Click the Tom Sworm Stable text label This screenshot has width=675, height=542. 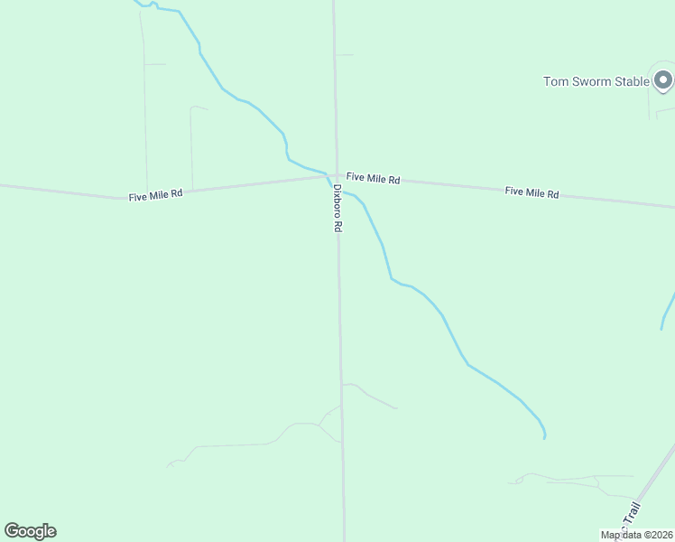click(596, 81)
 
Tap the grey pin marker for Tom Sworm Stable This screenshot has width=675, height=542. click(663, 81)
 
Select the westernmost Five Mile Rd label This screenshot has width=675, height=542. click(155, 194)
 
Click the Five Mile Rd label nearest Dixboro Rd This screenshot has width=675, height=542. click(373, 180)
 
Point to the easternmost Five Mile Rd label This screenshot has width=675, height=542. click(532, 192)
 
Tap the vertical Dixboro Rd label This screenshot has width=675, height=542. click(337, 210)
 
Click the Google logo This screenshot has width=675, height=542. click(30, 531)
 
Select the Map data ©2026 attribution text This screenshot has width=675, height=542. click(637, 535)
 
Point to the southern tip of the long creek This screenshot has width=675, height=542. click(544, 437)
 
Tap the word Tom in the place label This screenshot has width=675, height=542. click(554, 81)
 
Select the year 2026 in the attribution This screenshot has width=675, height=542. click(661, 535)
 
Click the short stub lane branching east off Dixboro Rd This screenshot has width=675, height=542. click(345, 55)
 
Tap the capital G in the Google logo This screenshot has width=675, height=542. click(12, 531)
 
